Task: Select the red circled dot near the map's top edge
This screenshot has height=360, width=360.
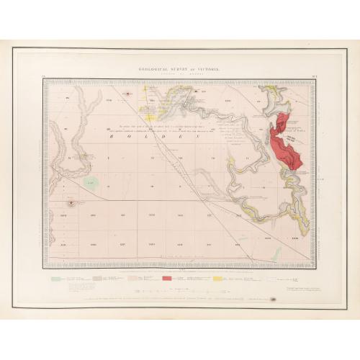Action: pyautogui.click(x=127, y=94)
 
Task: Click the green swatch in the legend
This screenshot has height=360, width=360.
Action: pyautogui.click(x=55, y=277)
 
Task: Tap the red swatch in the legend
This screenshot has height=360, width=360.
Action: pyautogui.click(x=168, y=277)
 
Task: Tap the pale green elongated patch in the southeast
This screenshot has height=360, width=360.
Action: pyautogui.click(x=276, y=252)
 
